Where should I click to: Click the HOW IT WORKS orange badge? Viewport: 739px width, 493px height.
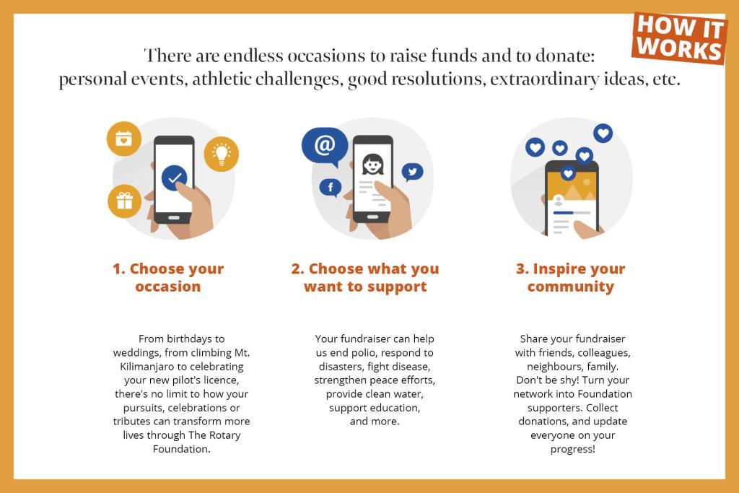(678, 38)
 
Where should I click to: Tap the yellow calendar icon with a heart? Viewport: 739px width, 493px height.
(124, 139)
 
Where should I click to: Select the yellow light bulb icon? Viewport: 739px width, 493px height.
(221, 154)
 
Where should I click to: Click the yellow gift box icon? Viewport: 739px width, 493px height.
(124, 201)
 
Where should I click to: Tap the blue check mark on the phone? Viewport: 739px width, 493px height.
(175, 178)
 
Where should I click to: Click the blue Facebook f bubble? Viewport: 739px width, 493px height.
(331, 188)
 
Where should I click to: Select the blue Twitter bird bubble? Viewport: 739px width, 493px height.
(412, 172)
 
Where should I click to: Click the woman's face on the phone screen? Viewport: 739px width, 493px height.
(373, 165)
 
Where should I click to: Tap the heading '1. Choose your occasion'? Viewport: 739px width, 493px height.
(168, 278)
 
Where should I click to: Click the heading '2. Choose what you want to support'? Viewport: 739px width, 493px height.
(365, 278)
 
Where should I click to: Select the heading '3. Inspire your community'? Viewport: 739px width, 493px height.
(571, 278)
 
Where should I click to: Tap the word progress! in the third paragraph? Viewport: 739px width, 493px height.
(572, 449)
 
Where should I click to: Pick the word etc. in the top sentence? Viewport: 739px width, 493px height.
(666, 79)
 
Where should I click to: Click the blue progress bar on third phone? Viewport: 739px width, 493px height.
(563, 213)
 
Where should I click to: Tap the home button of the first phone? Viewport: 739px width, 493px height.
(173, 218)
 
